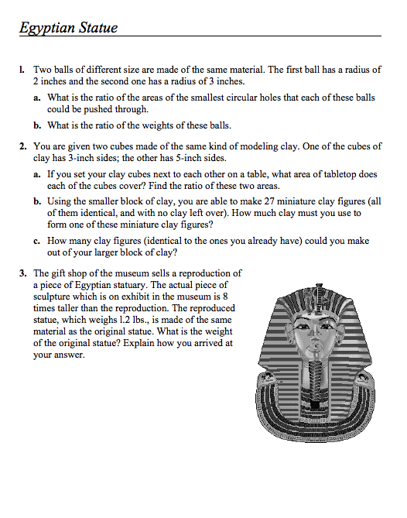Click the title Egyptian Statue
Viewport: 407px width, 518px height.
click(69, 29)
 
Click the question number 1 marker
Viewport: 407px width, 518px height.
click(23, 70)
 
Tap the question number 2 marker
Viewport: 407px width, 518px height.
click(23, 146)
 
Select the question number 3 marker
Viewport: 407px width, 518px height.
click(23, 273)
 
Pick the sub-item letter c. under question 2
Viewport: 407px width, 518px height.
click(37, 241)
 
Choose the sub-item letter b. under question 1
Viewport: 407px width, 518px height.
click(37, 125)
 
